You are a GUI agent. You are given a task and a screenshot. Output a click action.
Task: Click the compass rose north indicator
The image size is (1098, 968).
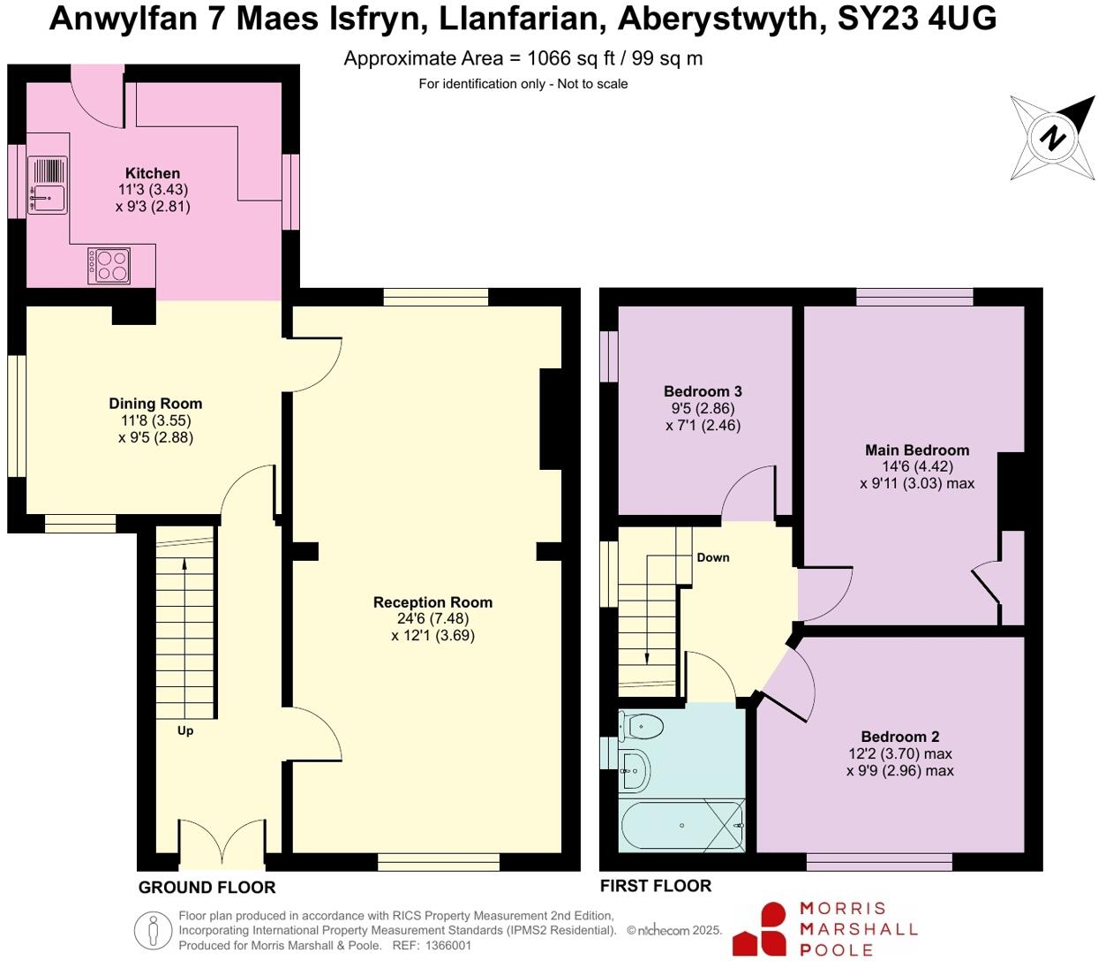pos(1051,137)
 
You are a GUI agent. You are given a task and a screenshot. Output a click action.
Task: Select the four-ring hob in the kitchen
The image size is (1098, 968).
pos(109,266)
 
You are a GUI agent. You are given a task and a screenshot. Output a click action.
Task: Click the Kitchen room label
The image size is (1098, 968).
pos(153,174)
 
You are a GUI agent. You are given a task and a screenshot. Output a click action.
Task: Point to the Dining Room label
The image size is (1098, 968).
pos(155,405)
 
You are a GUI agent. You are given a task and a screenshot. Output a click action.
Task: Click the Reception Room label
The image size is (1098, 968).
pos(432,602)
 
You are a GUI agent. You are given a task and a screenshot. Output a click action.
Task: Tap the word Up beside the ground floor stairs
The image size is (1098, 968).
pos(185,730)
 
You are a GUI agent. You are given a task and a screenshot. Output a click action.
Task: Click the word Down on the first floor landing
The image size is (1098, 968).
pos(713,557)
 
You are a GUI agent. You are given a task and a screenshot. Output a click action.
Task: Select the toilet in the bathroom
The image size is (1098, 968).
pos(642,727)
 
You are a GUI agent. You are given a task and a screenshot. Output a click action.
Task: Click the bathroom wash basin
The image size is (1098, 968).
pos(635,770)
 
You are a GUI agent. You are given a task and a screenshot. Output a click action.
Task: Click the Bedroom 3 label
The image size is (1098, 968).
pos(703,391)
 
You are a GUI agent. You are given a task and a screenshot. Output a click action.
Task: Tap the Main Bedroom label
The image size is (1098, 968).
pos(917,450)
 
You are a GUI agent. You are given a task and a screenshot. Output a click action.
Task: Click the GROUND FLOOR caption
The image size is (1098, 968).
pos(207,887)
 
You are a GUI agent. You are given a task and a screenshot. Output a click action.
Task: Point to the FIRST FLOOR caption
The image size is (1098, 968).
pos(655,886)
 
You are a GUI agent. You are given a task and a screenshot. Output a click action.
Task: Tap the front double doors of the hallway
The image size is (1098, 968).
pos(222,843)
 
